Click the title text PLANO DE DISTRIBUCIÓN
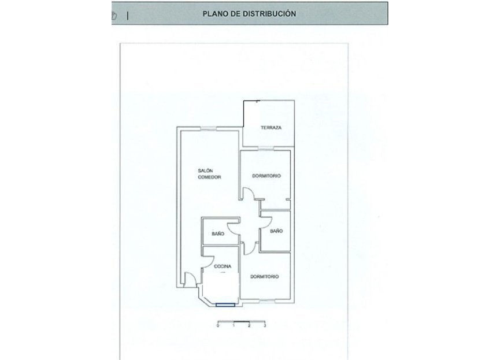[x=250, y=13]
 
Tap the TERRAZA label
[x=271, y=128]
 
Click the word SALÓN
[x=205, y=170]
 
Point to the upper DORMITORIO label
[x=266, y=176]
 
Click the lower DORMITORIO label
[x=265, y=277]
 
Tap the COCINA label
[x=223, y=266]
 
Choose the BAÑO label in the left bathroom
[x=217, y=233]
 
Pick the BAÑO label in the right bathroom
[x=276, y=231]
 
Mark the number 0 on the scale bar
[x=218, y=326]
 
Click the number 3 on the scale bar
[x=264, y=326]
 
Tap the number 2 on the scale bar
[x=249, y=326]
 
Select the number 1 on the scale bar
[x=234, y=326]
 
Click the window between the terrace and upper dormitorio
[x=266, y=149]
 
